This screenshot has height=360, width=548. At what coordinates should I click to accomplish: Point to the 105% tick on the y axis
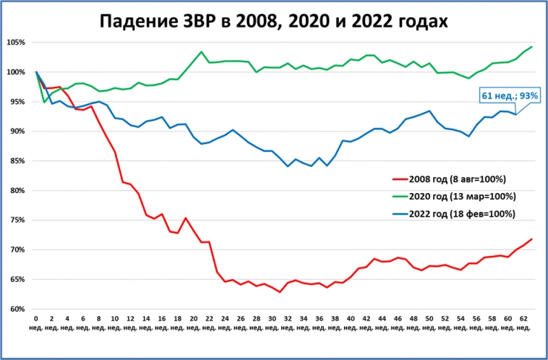[x=16, y=43]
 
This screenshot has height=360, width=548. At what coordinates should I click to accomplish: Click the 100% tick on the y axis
[x=16, y=72]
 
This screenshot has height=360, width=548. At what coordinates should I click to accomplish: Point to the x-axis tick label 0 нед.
[x=36, y=322]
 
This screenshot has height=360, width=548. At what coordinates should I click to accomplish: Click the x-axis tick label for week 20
[x=194, y=322]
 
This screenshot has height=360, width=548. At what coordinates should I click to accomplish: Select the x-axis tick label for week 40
[x=351, y=322]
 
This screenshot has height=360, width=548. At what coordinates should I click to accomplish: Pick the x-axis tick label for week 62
[x=523, y=322]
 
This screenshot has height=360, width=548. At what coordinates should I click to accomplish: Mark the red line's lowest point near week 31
[x=280, y=292]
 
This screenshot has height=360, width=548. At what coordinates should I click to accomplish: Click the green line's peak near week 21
[x=201, y=52]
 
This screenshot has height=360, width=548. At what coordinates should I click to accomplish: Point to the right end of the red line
[x=532, y=239]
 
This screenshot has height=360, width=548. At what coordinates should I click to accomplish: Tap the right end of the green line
[x=532, y=47]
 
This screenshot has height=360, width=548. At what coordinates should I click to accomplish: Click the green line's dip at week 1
[x=44, y=102]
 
